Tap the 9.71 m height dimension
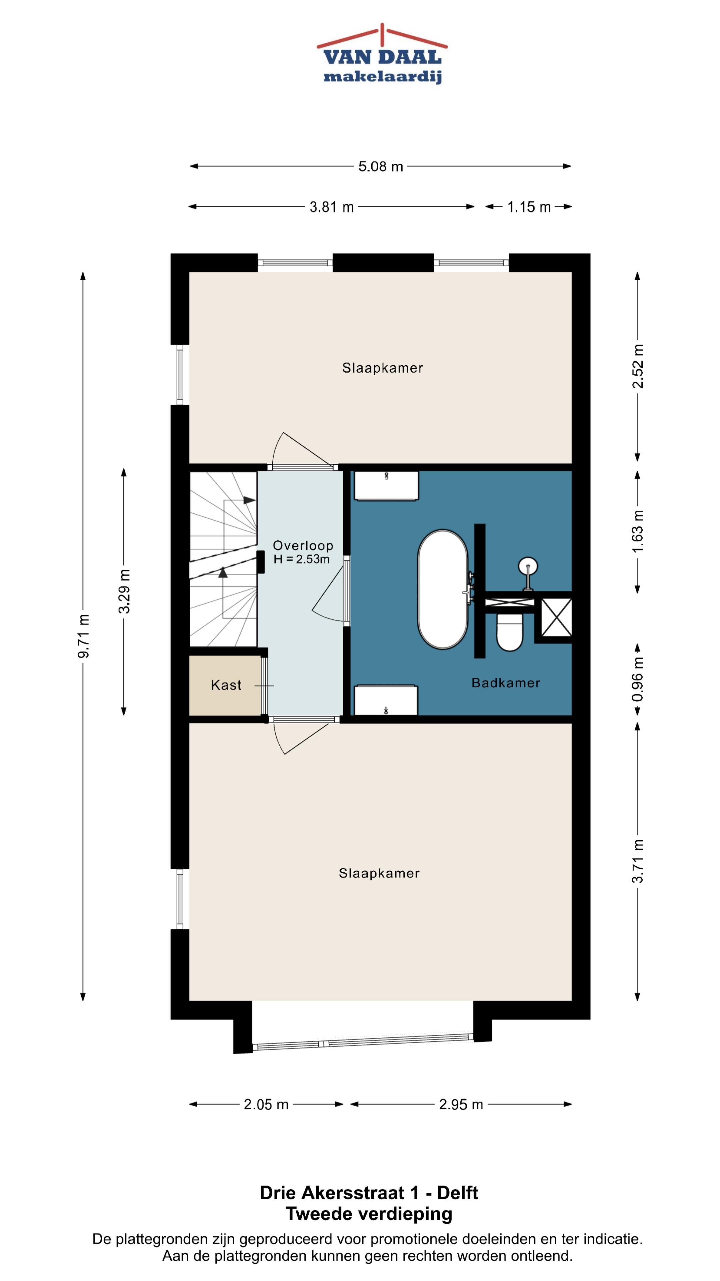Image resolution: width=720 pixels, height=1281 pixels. (83, 636)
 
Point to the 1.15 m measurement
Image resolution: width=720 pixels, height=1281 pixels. (529, 207)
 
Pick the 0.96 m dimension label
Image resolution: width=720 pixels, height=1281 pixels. (638, 679)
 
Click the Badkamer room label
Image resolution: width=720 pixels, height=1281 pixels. (505, 683)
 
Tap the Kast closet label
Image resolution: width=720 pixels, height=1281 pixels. (226, 685)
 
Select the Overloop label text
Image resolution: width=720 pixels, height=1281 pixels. (303, 545)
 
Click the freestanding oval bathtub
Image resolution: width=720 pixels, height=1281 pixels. (443, 589)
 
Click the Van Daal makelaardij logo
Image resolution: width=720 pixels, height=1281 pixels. (382, 54)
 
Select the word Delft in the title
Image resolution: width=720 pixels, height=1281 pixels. (457, 1193)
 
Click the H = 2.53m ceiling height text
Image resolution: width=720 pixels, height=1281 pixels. (301, 559)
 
